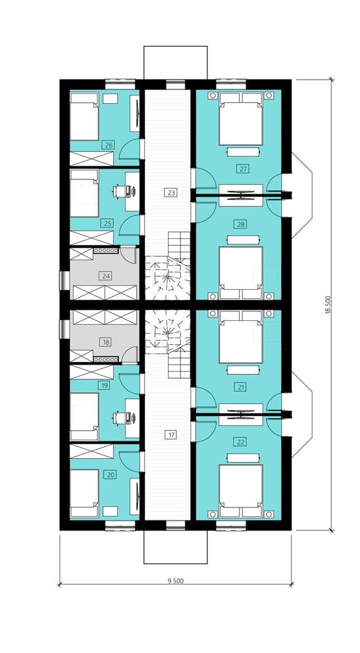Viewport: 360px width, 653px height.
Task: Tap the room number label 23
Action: [171, 193]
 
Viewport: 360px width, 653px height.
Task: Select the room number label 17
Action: [171, 435]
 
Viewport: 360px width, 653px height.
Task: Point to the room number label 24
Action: [105, 275]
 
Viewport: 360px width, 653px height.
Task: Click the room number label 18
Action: [105, 342]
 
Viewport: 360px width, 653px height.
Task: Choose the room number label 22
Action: [241, 442]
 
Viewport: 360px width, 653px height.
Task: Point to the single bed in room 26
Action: [84, 116]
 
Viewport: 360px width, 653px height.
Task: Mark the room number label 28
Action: [241, 224]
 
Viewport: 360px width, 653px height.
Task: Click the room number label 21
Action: [241, 387]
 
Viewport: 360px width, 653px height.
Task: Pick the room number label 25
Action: [107, 223]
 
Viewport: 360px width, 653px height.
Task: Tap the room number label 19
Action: [104, 386]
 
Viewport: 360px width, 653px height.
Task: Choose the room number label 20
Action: [111, 474]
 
